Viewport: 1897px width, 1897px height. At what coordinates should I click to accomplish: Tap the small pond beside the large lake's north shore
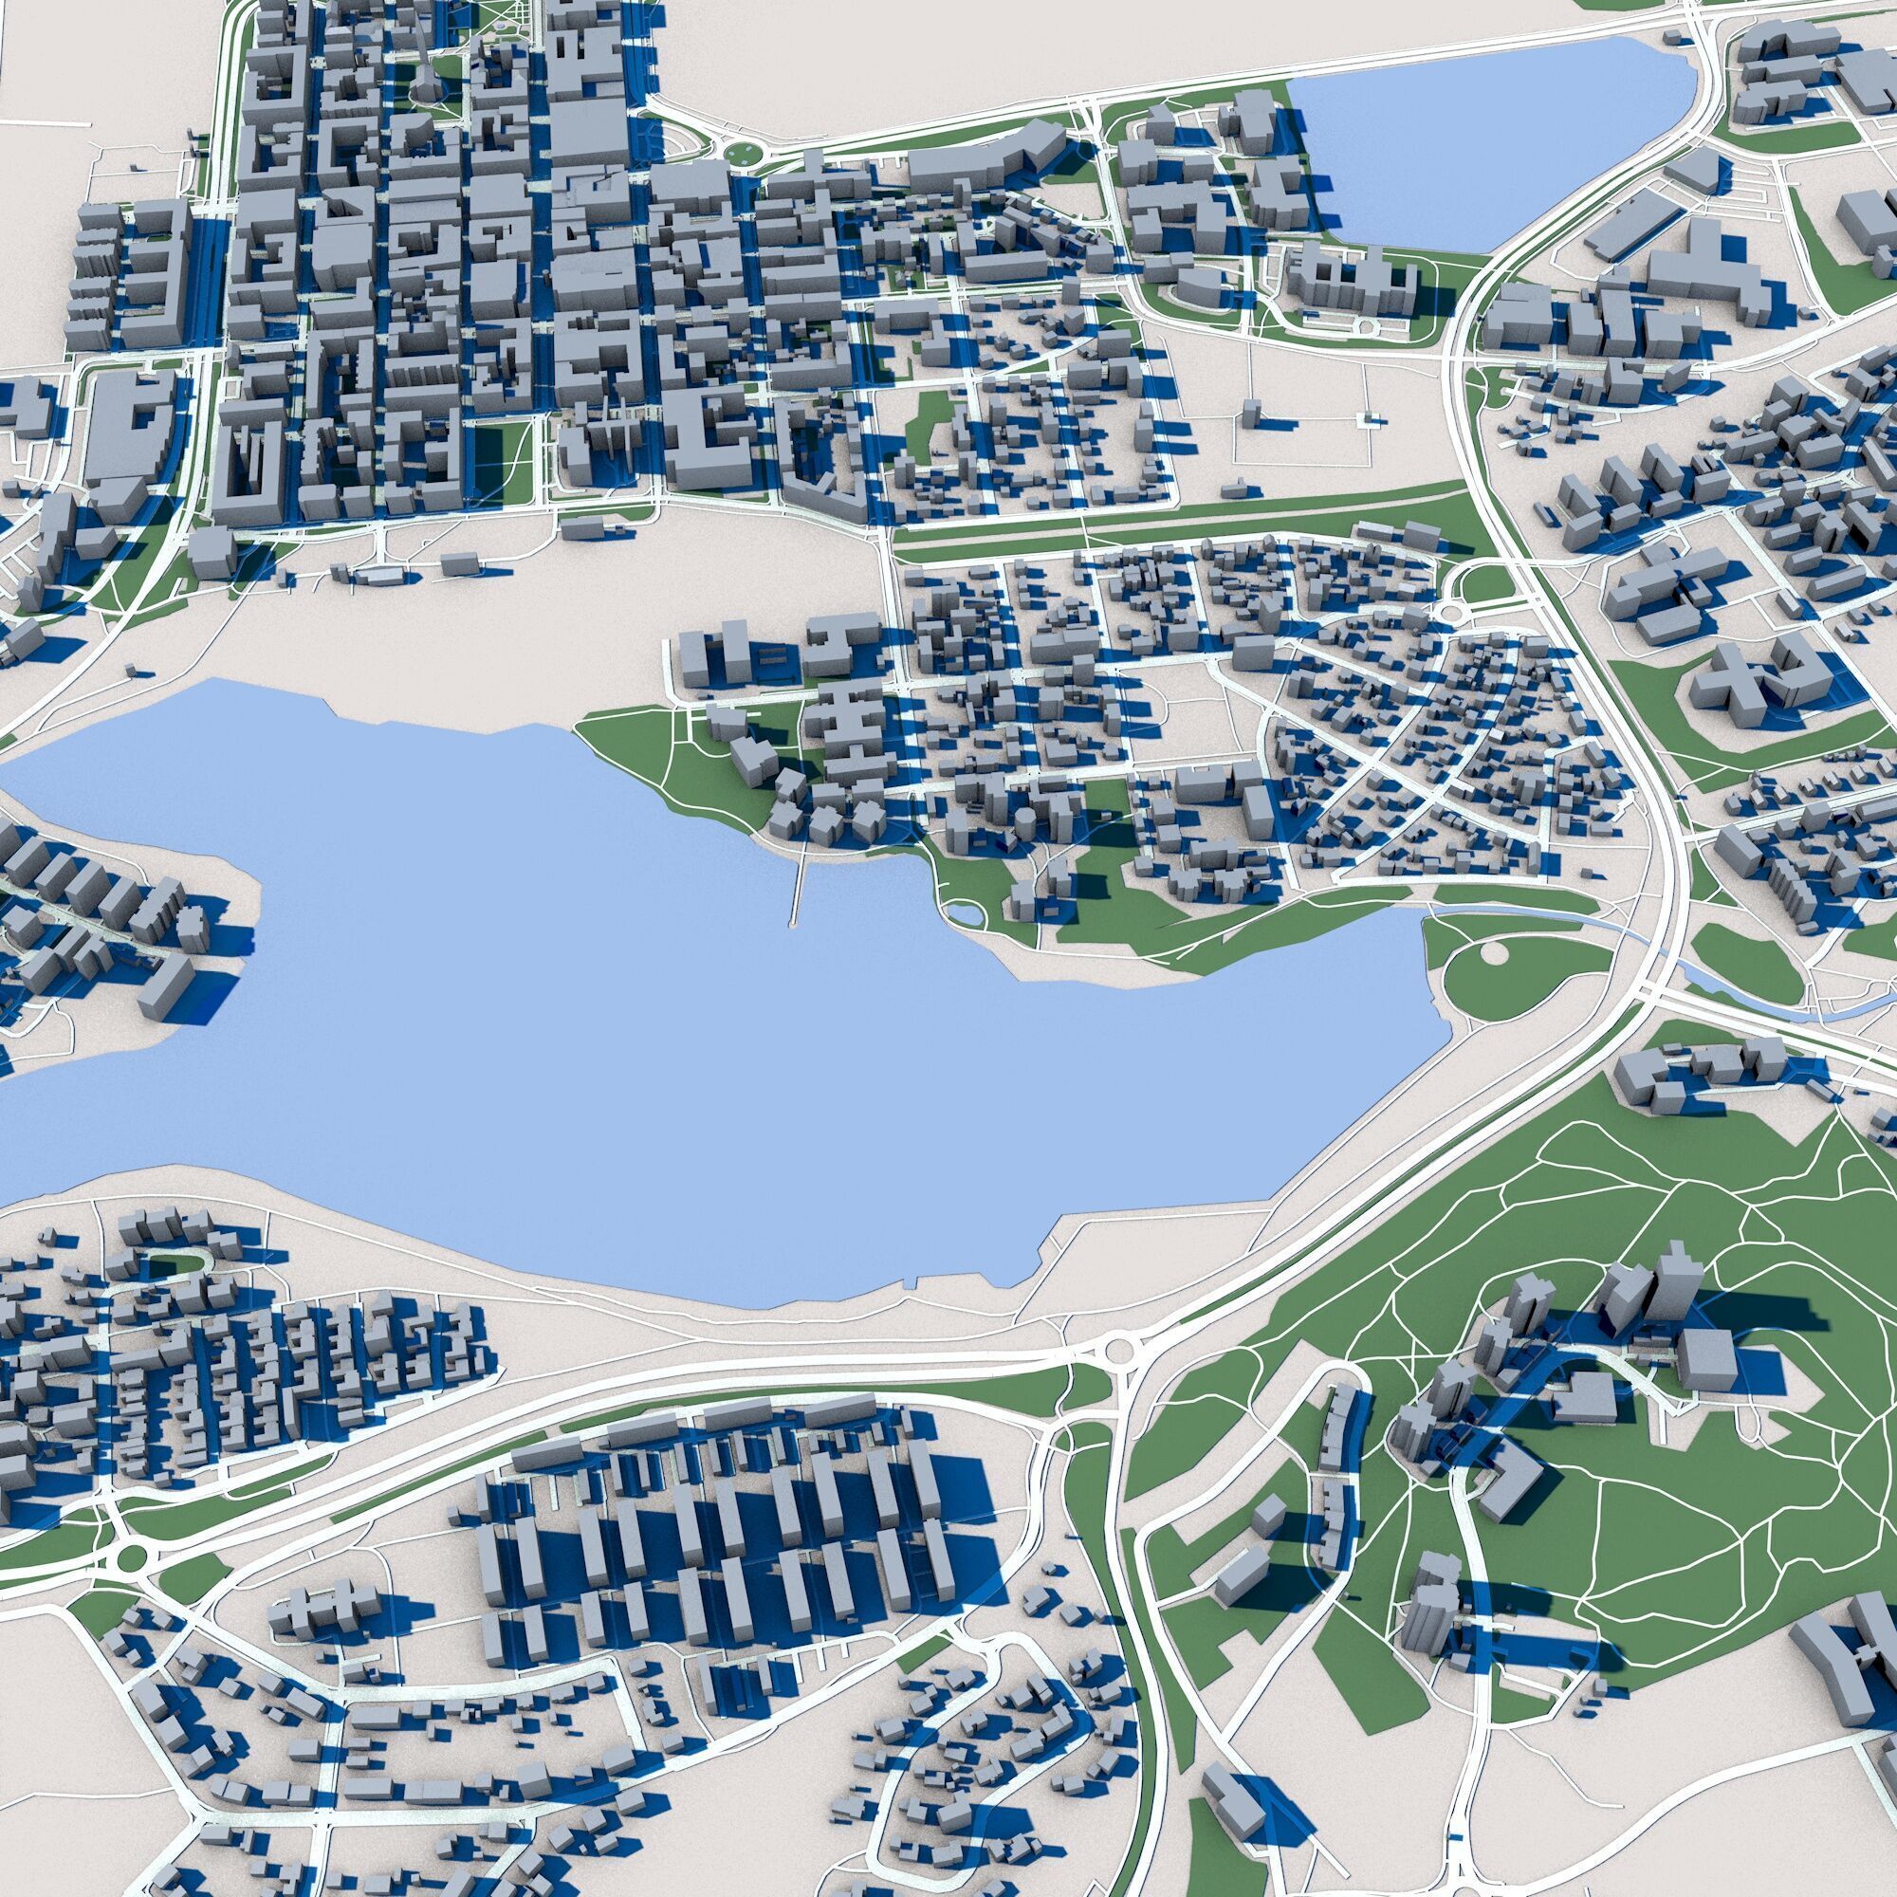point(968,915)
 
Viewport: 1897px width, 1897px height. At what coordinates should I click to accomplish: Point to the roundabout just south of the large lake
point(1120,1351)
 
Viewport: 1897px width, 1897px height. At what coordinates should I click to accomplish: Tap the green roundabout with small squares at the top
point(745,155)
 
